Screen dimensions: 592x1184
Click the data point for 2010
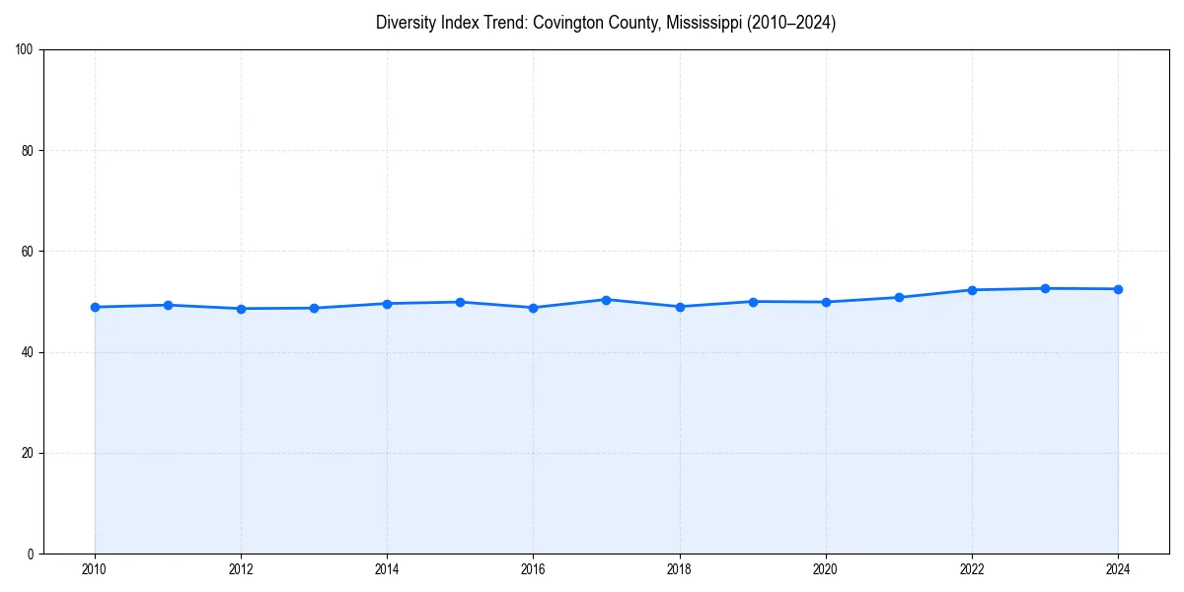[95, 307]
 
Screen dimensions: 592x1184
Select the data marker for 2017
[607, 300]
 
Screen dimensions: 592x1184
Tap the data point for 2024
[1118, 289]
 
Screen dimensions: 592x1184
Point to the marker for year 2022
[972, 290]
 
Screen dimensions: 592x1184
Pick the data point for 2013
[314, 308]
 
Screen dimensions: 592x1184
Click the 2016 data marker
[533, 308]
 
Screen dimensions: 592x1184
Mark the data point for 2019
[753, 302]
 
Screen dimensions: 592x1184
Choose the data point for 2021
[899, 297]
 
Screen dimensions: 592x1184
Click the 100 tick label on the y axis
[25, 50]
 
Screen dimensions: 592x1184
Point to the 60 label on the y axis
[28, 252]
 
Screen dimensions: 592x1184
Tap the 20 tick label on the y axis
[28, 453]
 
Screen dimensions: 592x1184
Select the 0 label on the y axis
[31, 555]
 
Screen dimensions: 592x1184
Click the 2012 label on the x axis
[241, 569]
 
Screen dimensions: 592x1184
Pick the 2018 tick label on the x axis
[680, 569]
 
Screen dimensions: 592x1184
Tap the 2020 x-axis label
[826, 569]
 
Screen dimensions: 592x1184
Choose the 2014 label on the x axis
[387, 569]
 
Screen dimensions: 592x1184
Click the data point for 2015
[460, 302]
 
